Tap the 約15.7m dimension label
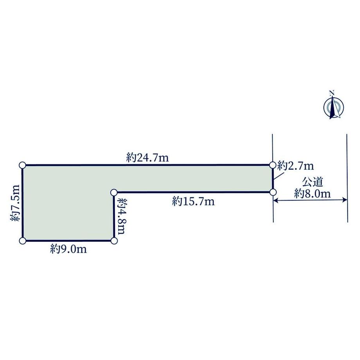(193, 202)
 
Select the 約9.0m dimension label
(68, 249)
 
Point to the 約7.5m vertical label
(15, 203)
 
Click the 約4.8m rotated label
(121, 216)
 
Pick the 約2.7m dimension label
(295, 166)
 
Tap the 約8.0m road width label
(313, 194)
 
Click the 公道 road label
(313, 182)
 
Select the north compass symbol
(334, 108)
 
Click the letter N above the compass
(331, 92)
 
